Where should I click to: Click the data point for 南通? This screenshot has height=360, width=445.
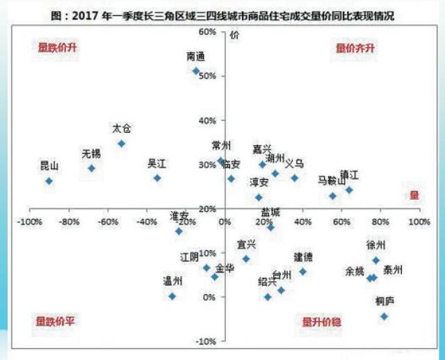click(x=196, y=71)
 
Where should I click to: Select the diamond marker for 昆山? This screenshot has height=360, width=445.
click(x=49, y=181)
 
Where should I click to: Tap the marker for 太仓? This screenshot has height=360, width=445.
click(x=121, y=143)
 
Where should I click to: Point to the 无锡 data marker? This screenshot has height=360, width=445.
click(x=91, y=168)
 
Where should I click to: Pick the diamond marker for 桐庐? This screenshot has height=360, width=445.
click(x=384, y=316)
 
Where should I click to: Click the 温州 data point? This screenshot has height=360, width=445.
click(x=172, y=296)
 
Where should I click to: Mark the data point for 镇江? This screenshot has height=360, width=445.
click(x=349, y=190)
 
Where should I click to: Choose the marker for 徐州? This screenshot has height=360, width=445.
click(x=376, y=261)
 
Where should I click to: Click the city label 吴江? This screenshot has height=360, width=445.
click(x=156, y=164)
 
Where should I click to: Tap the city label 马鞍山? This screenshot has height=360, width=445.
click(x=331, y=181)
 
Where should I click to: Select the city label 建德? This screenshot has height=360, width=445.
click(x=302, y=256)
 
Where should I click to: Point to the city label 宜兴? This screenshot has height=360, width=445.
click(x=246, y=244)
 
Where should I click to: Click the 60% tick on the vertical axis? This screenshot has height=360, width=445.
click(x=207, y=32)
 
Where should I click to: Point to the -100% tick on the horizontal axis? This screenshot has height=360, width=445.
click(x=29, y=222)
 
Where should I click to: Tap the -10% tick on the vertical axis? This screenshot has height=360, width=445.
click(x=206, y=341)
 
